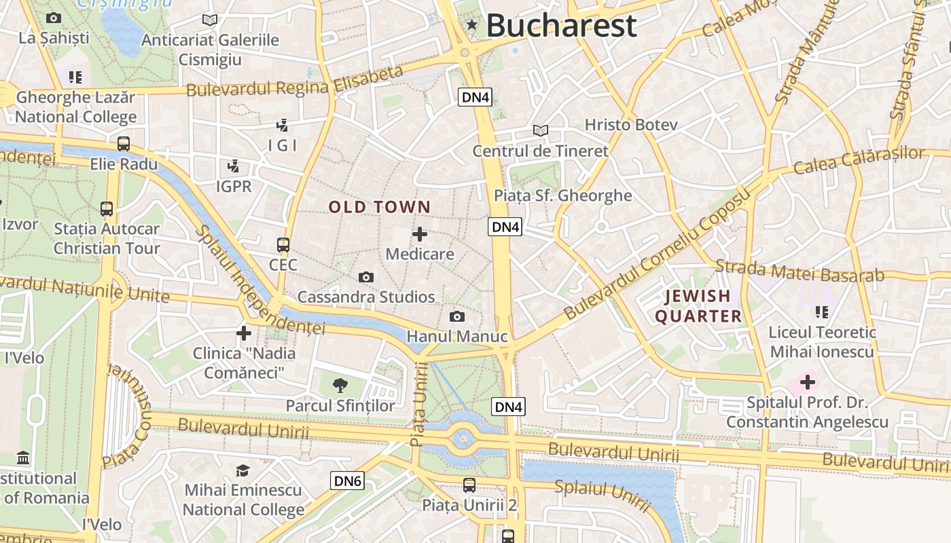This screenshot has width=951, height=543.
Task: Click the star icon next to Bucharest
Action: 472,25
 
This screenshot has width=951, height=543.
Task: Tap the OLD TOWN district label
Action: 380,207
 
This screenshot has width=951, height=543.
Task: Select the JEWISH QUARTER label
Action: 698,306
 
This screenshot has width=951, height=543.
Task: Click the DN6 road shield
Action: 348,481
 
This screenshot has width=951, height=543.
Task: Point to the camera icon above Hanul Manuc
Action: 457,316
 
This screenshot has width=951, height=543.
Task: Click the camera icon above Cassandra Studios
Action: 366,277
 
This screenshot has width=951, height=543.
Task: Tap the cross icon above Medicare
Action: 420,235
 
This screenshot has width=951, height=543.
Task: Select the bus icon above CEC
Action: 283,245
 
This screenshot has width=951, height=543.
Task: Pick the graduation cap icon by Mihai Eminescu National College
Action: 243,470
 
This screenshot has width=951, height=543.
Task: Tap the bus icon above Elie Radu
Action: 124,144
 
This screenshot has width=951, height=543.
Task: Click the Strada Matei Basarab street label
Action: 800,271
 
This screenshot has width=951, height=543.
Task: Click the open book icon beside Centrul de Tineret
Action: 541,130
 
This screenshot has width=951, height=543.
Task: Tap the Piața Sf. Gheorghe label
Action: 562,195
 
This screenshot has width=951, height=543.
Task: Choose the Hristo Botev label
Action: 631,125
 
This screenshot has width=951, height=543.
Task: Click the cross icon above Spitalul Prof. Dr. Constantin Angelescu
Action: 807,382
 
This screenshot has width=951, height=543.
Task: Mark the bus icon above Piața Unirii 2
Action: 469,485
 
